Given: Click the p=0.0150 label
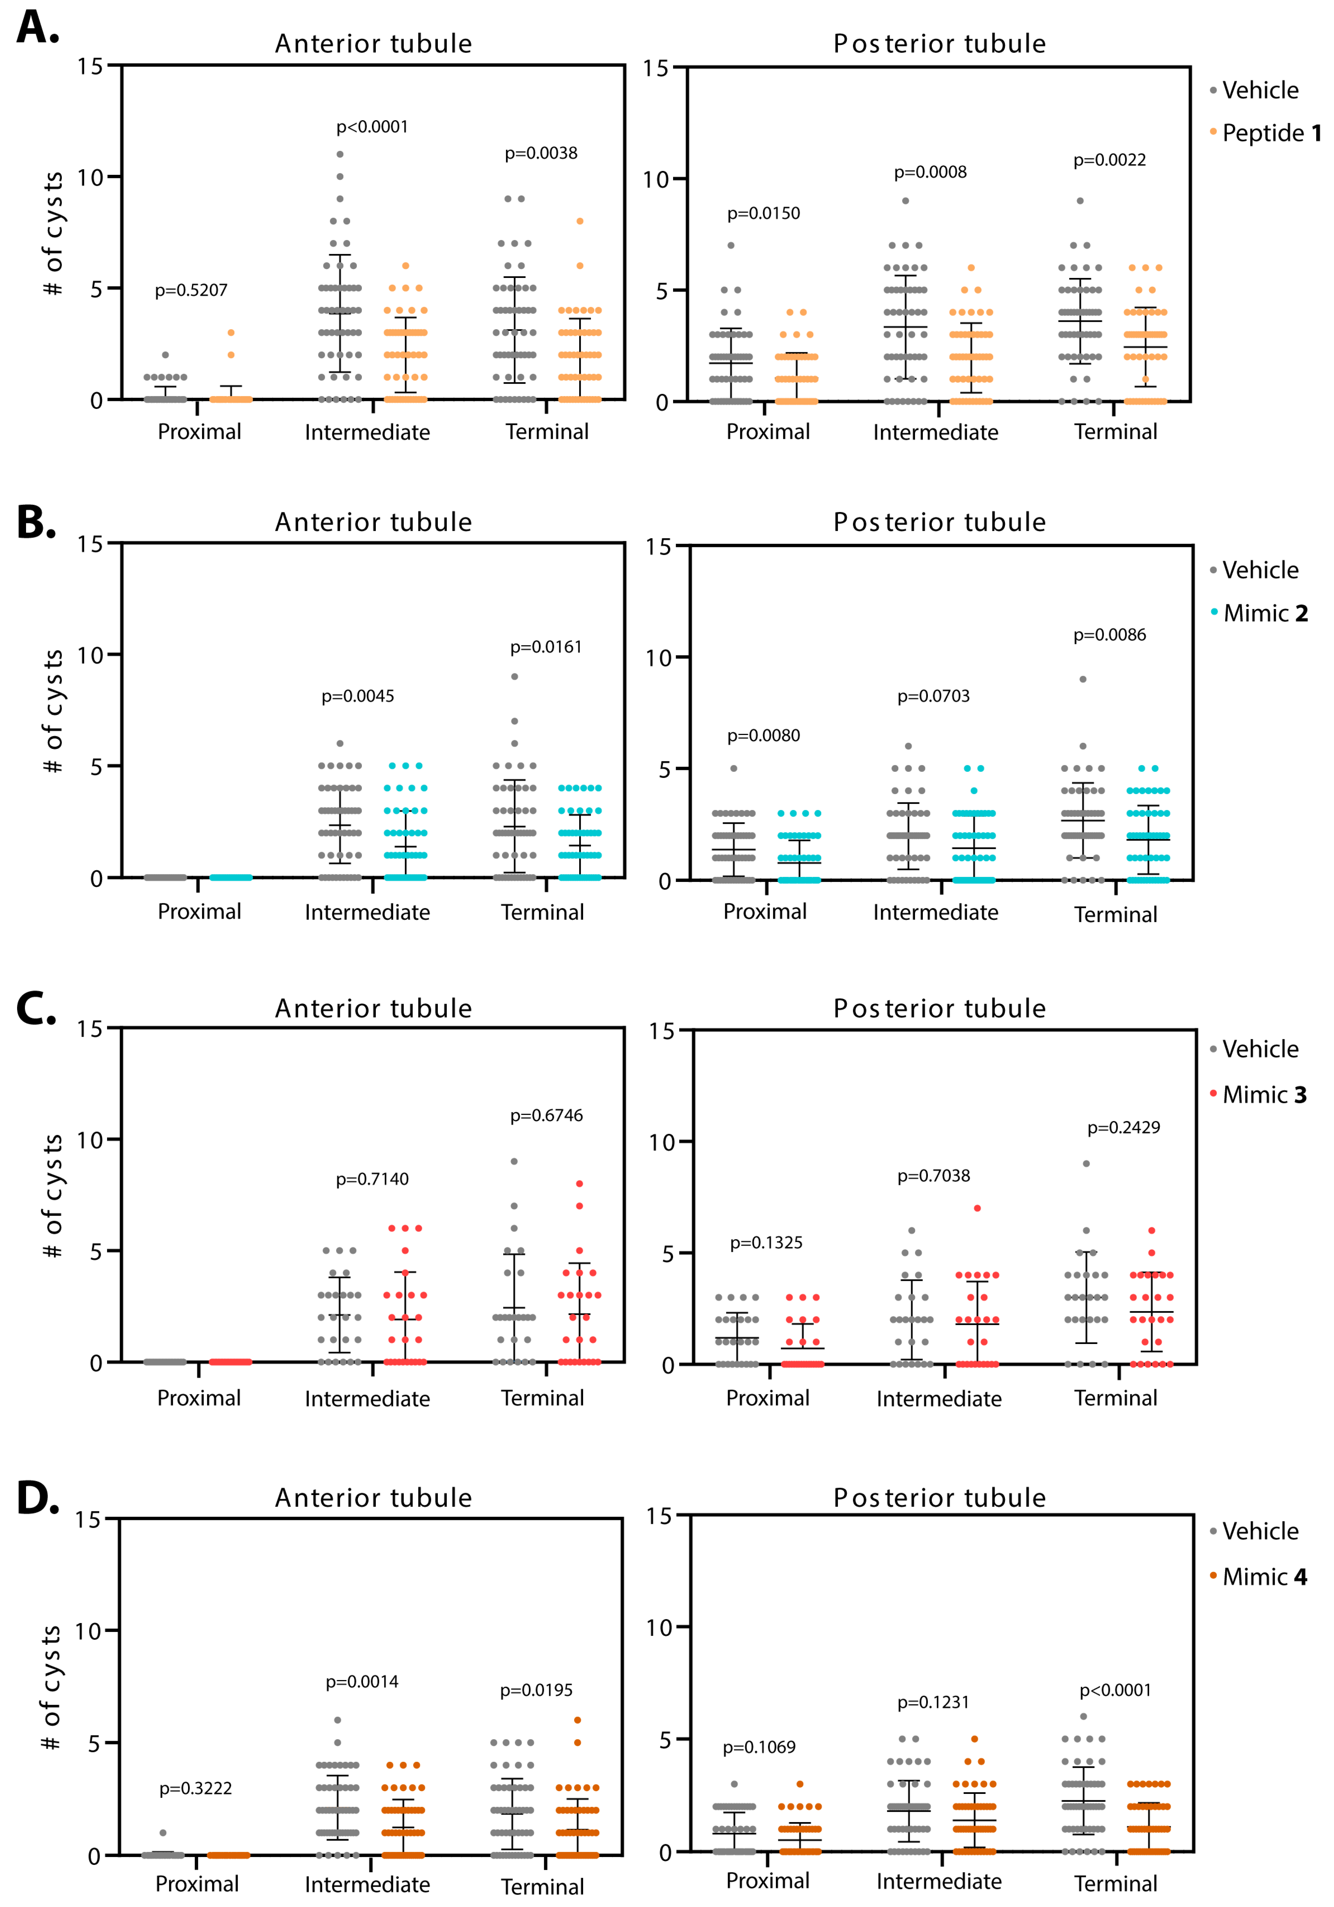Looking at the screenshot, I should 763,213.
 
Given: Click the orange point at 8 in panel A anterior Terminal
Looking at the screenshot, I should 580,221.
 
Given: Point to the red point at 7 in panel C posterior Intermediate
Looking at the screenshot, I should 977,1208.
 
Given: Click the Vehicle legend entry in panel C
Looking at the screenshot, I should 1259,1049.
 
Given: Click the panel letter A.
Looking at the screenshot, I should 37,27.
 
